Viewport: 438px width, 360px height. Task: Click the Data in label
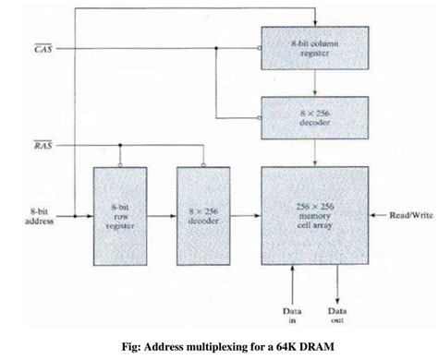coord(293,316)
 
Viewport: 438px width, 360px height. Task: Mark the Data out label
coord(338,316)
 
